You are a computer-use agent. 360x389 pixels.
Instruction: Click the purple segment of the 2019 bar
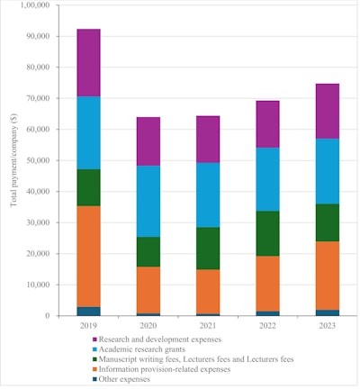[x=88, y=62]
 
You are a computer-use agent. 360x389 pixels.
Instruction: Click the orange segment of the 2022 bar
[x=266, y=284]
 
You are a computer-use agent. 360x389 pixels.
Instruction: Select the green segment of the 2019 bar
[x=88, y=187]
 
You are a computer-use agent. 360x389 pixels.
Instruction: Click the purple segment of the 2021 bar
[x=207, y=139]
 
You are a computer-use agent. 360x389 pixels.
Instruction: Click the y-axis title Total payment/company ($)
[x=13, y=161]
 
